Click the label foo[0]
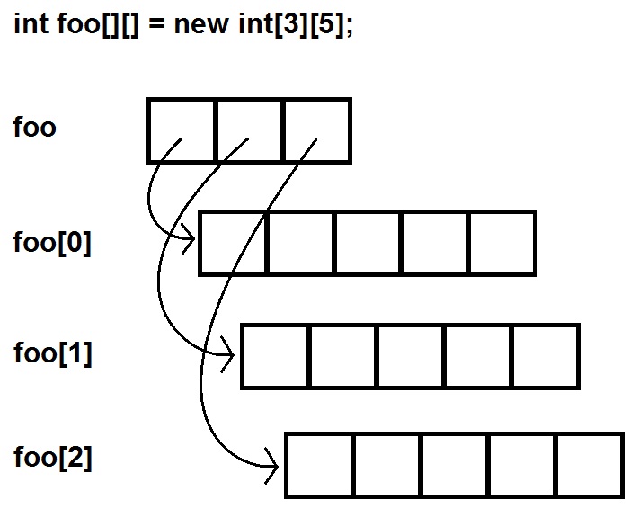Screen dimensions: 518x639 [x=52, y=243]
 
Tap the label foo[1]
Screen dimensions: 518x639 [x=52, y=353]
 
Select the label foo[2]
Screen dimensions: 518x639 [x=52, y=458]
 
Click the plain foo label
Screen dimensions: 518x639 [x=34, y=128]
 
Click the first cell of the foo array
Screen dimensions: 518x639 [x=182, y=130]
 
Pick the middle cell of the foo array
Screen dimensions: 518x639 [x=249, y=130]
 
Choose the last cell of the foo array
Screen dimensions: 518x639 [x=316, y=130]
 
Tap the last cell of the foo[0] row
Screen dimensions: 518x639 [x=502, y=243]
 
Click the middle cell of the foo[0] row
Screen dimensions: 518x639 [x=368, y=243]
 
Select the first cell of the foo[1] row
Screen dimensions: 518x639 [x=275, y=357]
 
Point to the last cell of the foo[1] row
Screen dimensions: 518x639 [x=545, y=357]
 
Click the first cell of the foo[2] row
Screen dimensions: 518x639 [x=318, y=465]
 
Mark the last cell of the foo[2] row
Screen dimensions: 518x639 [x=589, y=465]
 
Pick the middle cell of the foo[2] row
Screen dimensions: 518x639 [x=454, y=465]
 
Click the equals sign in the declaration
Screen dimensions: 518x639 [x=155, y=24]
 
